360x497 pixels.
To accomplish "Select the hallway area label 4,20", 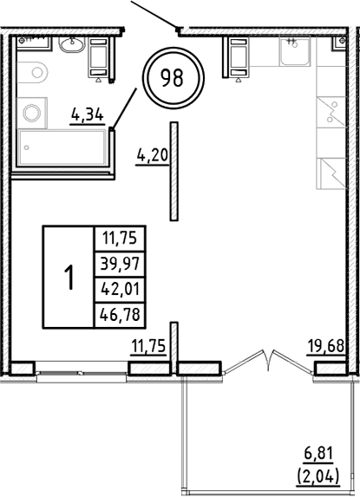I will coord(151,156).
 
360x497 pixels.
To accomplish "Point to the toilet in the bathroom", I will coord(35,74).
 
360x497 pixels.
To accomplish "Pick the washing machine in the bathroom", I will coord(35,110).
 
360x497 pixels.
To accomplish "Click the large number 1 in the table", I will coord(69,278).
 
